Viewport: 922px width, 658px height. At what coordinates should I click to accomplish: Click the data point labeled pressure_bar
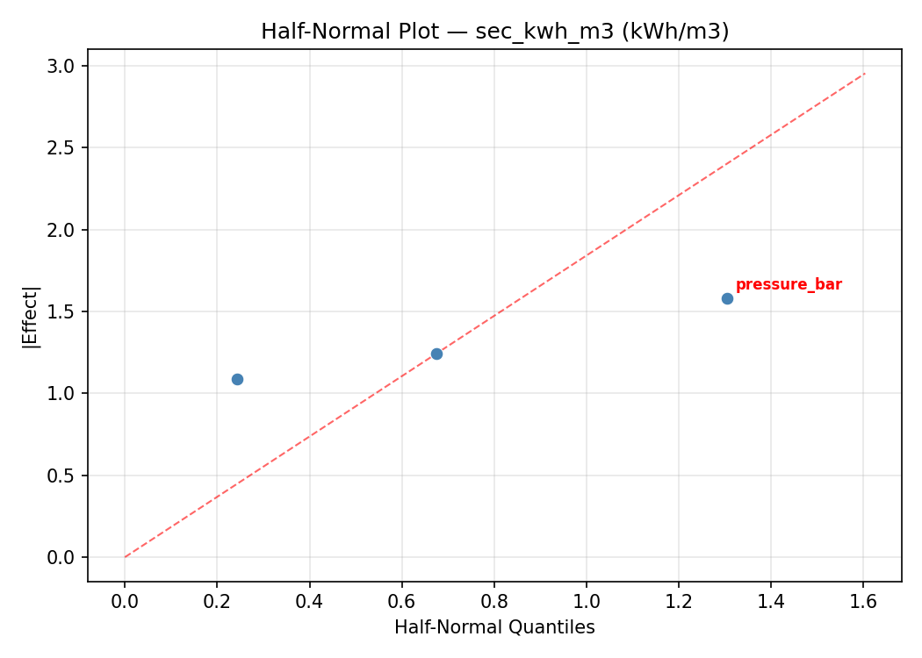727,298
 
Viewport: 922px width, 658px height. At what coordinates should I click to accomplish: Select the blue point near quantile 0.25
237,379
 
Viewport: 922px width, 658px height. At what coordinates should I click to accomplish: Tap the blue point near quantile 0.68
436,354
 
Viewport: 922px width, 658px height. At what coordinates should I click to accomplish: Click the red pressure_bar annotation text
789,285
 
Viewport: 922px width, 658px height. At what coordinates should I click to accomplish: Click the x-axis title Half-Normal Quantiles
494,627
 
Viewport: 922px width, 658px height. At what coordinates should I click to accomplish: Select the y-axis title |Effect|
32,316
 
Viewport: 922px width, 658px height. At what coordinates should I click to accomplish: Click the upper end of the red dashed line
865,73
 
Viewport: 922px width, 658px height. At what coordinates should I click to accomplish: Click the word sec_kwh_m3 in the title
528,32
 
